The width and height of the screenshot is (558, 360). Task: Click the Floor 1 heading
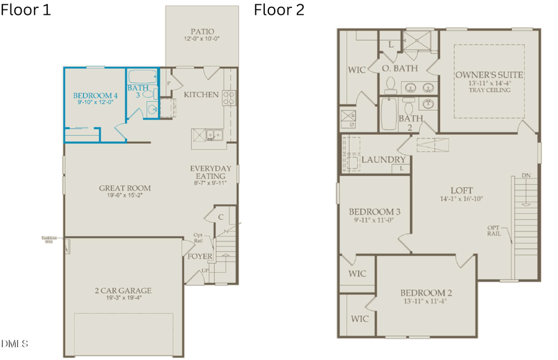coord(26,11)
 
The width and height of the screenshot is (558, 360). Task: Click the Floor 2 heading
coord(279,11)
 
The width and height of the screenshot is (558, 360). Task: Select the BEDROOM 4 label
coord(95,95)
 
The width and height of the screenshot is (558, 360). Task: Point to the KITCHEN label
coord(201,95)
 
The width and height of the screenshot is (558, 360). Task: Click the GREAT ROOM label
coord(125,188)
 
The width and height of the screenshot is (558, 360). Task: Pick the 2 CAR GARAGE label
coord(125,291)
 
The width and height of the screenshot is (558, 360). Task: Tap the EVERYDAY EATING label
coord(211,172)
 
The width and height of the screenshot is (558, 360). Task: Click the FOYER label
coord(200,256)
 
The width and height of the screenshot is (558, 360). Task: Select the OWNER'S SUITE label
coord(489,75)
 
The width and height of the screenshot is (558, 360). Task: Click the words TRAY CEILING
coord(489,90)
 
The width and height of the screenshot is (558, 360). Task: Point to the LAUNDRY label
coord(384,160)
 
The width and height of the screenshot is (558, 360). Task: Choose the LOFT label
coord(461,190)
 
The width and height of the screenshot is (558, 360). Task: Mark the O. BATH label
coord(399,68)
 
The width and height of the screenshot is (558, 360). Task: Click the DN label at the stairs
coord(526,176)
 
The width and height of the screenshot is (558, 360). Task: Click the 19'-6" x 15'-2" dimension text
coord(125,196)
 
